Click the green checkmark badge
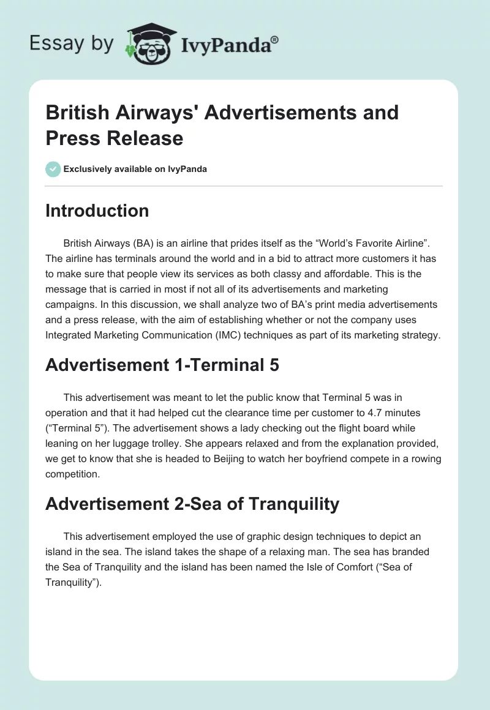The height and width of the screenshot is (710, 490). pyautogui.click(x=53, y=169)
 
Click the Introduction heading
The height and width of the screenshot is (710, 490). pyautogui.click(x=97, y=211)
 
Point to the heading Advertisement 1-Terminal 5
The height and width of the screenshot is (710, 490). pyautogui.click(x=162, y=365)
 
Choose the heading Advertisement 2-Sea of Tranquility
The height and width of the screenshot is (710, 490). pyautogui.click(x=192, y=504)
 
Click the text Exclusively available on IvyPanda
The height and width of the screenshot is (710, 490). pyautogui.click(x=135, y=169)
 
